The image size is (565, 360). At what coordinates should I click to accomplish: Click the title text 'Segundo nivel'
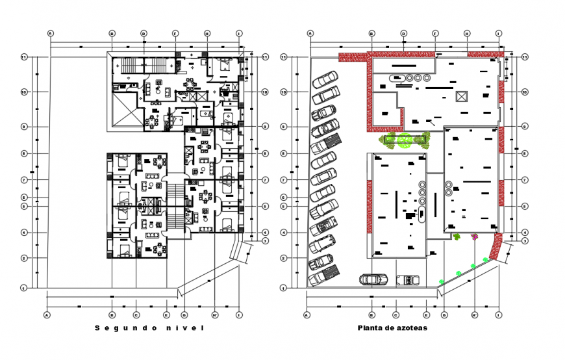[x=149, y=328]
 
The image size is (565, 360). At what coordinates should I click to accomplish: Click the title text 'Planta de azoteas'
[x=392, y=328]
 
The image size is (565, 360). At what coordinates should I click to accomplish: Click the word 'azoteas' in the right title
[x=412, y=328]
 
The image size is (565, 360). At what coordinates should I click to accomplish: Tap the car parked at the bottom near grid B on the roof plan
[x=373, y=279]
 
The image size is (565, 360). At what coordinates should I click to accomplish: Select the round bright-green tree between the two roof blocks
[x=406, y=139]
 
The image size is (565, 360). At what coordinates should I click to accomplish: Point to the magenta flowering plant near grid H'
[x=475, y=237]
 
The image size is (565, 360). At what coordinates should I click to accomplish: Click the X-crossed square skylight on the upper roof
[x=462, y=96]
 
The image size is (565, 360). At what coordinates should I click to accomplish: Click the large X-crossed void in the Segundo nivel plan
[x=125, y=109]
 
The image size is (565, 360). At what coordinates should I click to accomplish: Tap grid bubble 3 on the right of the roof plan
[x=525, y=241]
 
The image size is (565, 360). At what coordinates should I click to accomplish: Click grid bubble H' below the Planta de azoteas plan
[x=475, y=315]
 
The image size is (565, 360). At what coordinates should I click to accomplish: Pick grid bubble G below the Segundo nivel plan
[x=184, y=315]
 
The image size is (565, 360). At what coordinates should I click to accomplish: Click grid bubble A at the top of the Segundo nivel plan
[x=50, y=32]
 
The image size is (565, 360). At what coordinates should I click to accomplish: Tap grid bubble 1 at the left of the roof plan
[x=283, y=287]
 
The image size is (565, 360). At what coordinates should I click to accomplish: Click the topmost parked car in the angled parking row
[x=325, y=80]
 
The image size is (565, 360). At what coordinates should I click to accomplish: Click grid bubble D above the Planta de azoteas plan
[x=403, y=32]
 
